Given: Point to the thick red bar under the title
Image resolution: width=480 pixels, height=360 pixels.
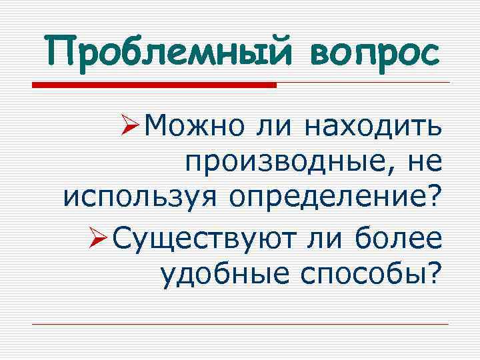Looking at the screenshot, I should pyautogui.click(x=154, y=85).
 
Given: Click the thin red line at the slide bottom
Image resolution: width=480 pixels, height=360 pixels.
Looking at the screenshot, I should pyautogui.click(x=240, y=324).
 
